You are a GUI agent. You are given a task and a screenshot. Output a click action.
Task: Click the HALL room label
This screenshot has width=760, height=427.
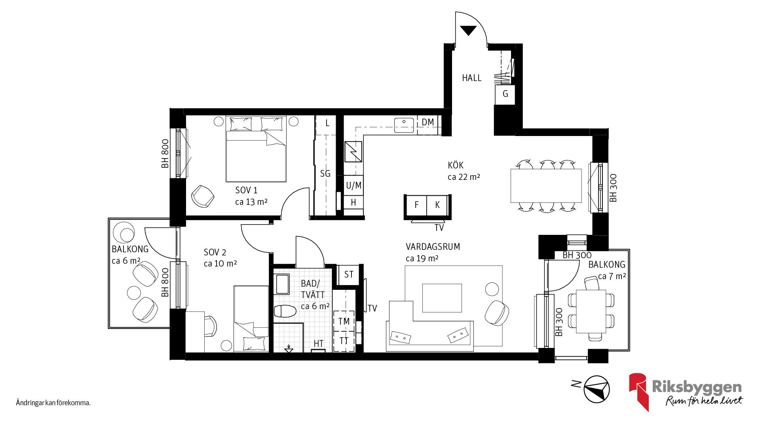click(x=471, y=78)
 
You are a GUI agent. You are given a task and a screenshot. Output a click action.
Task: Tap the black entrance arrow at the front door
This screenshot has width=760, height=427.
click(x=468, y=30)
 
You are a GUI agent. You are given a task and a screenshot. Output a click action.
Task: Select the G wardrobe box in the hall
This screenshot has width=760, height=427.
click(x=505, y=94)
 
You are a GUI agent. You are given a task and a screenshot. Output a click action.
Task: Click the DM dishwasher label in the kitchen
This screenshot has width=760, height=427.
click(x=427, y=122)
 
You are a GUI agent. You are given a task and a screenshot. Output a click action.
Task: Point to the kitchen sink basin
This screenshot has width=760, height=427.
click(x=404, y=125)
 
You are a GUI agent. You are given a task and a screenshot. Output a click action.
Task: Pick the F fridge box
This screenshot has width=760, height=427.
click(x=416, y=205)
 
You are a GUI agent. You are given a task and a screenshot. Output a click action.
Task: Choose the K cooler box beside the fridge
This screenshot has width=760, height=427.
click(x=437, y=205)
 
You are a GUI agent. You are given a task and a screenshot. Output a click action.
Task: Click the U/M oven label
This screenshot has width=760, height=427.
click(x=353, y=185)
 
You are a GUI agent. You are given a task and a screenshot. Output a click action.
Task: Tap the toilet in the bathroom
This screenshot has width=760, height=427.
click(x=285, y=311)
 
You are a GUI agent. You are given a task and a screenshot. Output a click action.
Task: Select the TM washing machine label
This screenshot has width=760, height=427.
click(x=344, y=321)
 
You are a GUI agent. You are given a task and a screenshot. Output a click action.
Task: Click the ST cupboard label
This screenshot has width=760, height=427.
click(x=349, y=274)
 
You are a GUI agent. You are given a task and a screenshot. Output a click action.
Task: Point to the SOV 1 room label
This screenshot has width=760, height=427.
click(x=246, y=190)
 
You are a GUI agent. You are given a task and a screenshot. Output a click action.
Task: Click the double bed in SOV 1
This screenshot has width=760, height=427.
click(x=256, y=149)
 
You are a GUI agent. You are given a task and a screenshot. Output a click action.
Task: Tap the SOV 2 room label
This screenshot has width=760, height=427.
click(x=215, y=252)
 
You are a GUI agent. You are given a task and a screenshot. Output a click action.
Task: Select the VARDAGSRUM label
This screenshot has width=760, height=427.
click(x=433, y=247)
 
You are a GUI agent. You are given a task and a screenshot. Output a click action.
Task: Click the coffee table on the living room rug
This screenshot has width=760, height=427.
click(x=442, y=298)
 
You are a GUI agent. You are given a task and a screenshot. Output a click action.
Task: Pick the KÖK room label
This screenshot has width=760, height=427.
click(x=456, y=165)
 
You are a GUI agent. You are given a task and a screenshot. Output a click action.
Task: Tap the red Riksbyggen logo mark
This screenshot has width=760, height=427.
click(x=638, y=391)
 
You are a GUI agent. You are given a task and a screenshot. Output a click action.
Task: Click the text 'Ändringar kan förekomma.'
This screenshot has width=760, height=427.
click(x=53, y=403)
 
